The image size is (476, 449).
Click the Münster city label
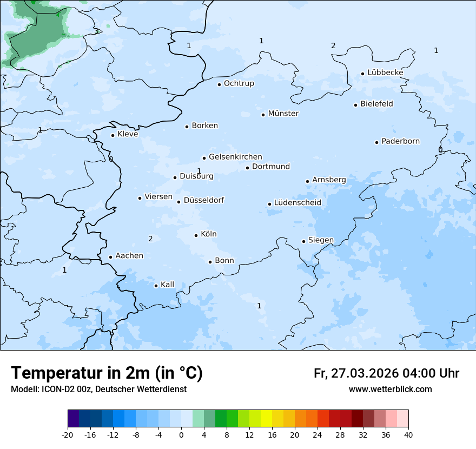pyautogui.click(x=283, y=114)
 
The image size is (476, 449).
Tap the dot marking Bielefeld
pyautogui.click(x=356, y=105)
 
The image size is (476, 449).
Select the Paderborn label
pyautogui.click(x=400, y=141)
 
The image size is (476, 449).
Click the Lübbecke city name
pyautogui.click(x=385, y=72)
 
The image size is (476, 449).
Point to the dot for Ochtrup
pyautogui.click(x=219, y=84)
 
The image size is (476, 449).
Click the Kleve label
pyautogui.click(x=128, y=134)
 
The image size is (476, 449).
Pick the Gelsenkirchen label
pyautogui.click(x=235, y=157)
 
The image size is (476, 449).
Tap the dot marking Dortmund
pyautogui.click(x=247, y=168)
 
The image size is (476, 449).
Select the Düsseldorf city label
pyautogui.click(x=204, y=200)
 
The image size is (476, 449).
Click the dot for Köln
pyautogui.click(x=196, y=235)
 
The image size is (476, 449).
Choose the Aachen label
pyautogui.click(x=129, y=256)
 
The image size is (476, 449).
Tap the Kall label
pyautogui.click(x=167, y=285)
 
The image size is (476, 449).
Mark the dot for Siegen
pyautogui.click(x=304, y=241)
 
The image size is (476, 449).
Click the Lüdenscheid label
pyautogui.click(x=297, y=203)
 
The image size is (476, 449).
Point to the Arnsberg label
pyautogui.click(x=329, y=180)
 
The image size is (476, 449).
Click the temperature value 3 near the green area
pyautogui.click(x=96, y=31)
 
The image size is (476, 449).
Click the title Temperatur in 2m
pyautogui.click(x=107, y=373)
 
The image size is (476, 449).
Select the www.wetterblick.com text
pyautogui.click(x=390, y=389)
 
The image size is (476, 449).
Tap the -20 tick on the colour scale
pyautogui.click(x=68, y=434)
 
